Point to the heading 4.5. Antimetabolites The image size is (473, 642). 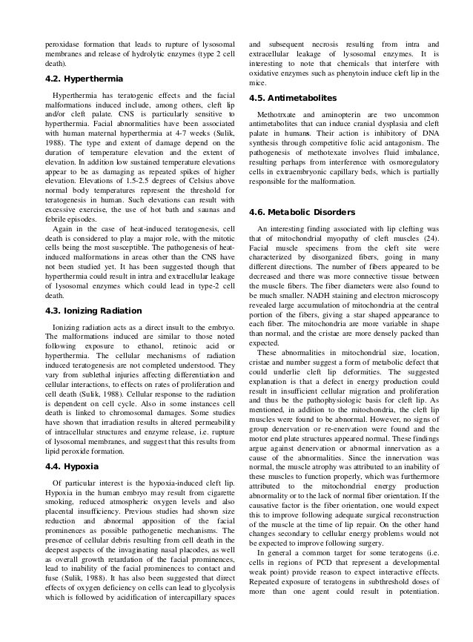pos(292,98)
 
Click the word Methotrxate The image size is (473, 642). pos(280,115)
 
